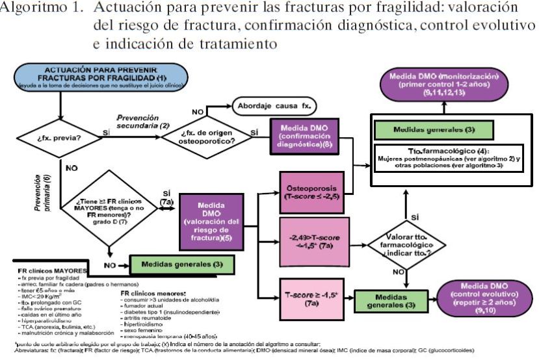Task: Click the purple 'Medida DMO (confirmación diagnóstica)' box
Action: [x=304, y=135]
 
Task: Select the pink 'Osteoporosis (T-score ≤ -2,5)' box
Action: [x=315, y=193]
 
